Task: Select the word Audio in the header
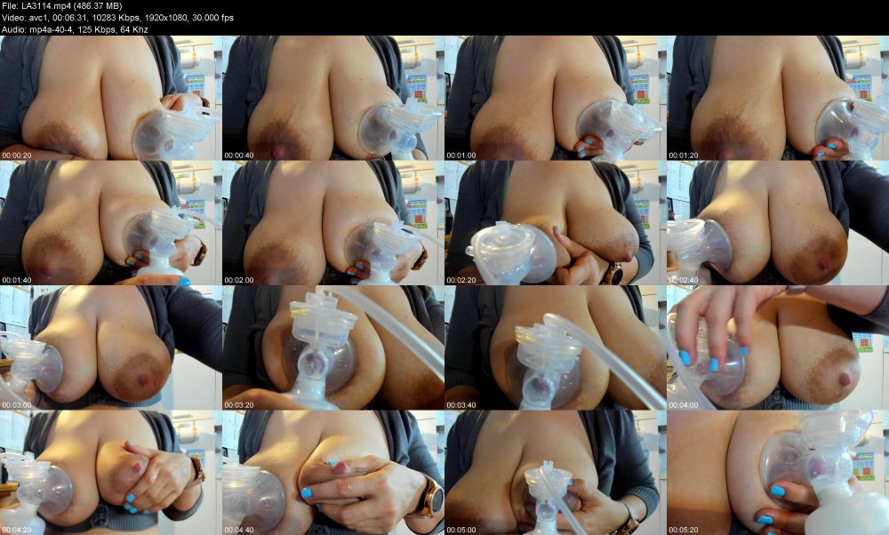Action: click(15, 29)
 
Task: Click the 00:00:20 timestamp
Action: click(17, 156)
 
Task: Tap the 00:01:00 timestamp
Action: click(461, 156)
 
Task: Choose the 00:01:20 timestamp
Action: click(684, 156)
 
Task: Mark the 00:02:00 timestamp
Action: click(239, 280)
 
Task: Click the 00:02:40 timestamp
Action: click(684, 280)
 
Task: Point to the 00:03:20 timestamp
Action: click(239, 404)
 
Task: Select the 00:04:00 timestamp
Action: click(684, 404)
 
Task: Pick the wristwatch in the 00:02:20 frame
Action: click(613, 274)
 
